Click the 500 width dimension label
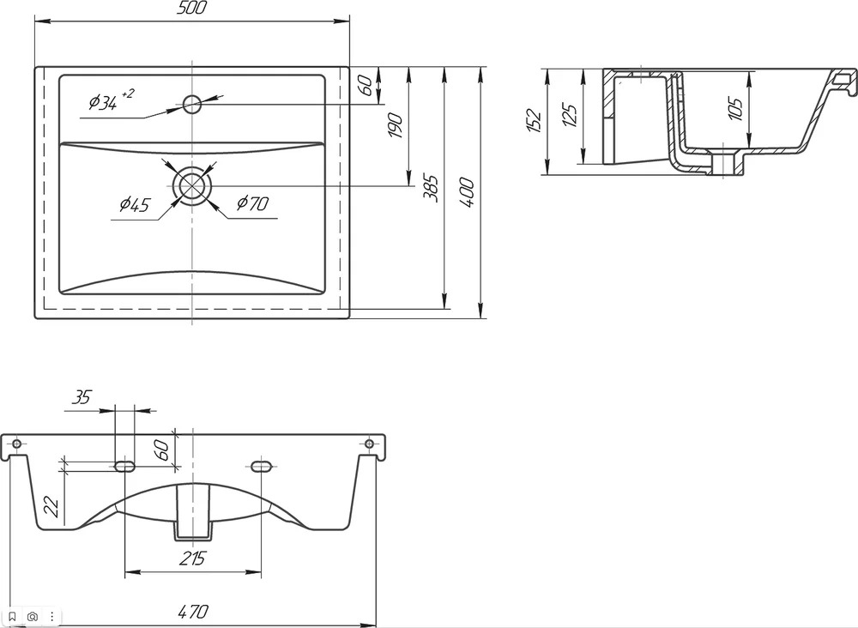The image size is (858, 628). pos(192,9)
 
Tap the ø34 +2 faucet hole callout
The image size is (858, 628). pos(111,100)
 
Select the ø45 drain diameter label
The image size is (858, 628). pos(135,204)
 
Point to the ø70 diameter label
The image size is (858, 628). pos(253,203)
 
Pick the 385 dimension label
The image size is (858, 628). pos(432,188)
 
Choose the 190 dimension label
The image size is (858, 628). pos(395,125)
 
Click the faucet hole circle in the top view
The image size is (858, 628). pos(192,104)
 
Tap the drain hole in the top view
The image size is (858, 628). pos(192,185)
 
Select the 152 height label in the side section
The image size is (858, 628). pos(534,122)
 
